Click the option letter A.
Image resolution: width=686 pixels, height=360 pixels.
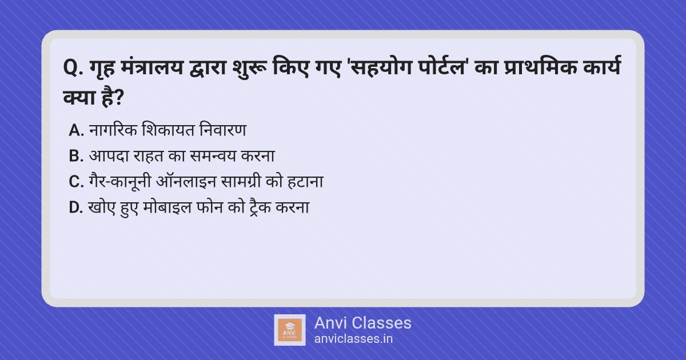(x=76, y=130)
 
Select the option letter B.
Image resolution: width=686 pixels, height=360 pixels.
(x=76, y=156)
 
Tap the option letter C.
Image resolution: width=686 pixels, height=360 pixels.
(x=76, y=182)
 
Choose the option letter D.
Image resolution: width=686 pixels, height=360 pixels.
(x=76, y=207)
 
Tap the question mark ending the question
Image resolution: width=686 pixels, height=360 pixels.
(x=118, y=97)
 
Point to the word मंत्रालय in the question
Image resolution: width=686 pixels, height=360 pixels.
(x=151, y=67)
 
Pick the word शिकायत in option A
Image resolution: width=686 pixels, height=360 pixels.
(x=168, y=130)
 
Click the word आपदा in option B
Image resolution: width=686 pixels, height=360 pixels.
(x=109, y=156)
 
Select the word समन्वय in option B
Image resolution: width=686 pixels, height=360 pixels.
(x=213, y=156)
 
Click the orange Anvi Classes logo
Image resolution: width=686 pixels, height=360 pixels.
(x=289, y=330)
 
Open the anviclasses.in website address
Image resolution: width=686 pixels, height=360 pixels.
(x=353, y=339)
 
